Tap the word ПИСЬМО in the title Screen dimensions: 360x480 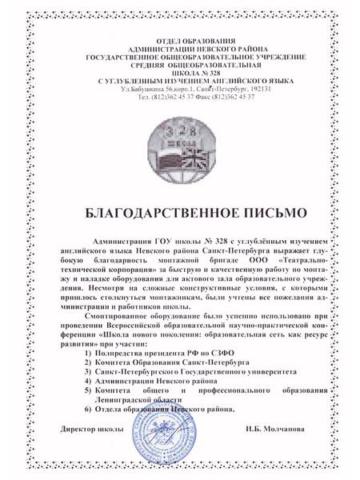254,214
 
